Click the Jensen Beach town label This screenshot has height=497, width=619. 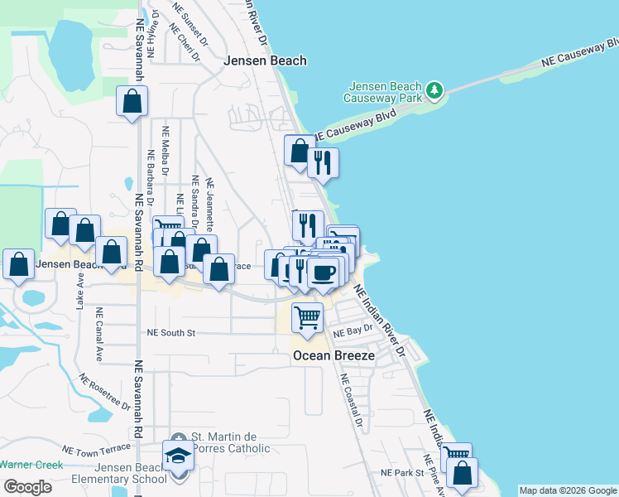click(266, 60)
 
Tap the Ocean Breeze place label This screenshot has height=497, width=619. click(334, 356)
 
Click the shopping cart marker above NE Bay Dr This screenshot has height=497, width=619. click(307, 316)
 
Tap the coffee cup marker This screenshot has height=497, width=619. click(324, 272)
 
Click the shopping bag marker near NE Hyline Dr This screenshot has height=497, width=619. click(132, 102)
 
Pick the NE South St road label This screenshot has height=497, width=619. click(170, 333)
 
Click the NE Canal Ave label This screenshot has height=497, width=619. click(99, 335)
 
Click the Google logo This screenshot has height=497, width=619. click(28, 487)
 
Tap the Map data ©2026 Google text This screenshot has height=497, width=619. click(568, 490)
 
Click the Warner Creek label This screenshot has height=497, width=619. click(31, 465)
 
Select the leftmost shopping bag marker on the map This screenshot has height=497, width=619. click(18, 265)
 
